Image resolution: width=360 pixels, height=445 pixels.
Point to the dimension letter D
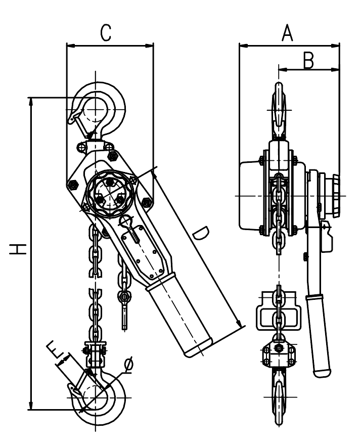201,234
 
